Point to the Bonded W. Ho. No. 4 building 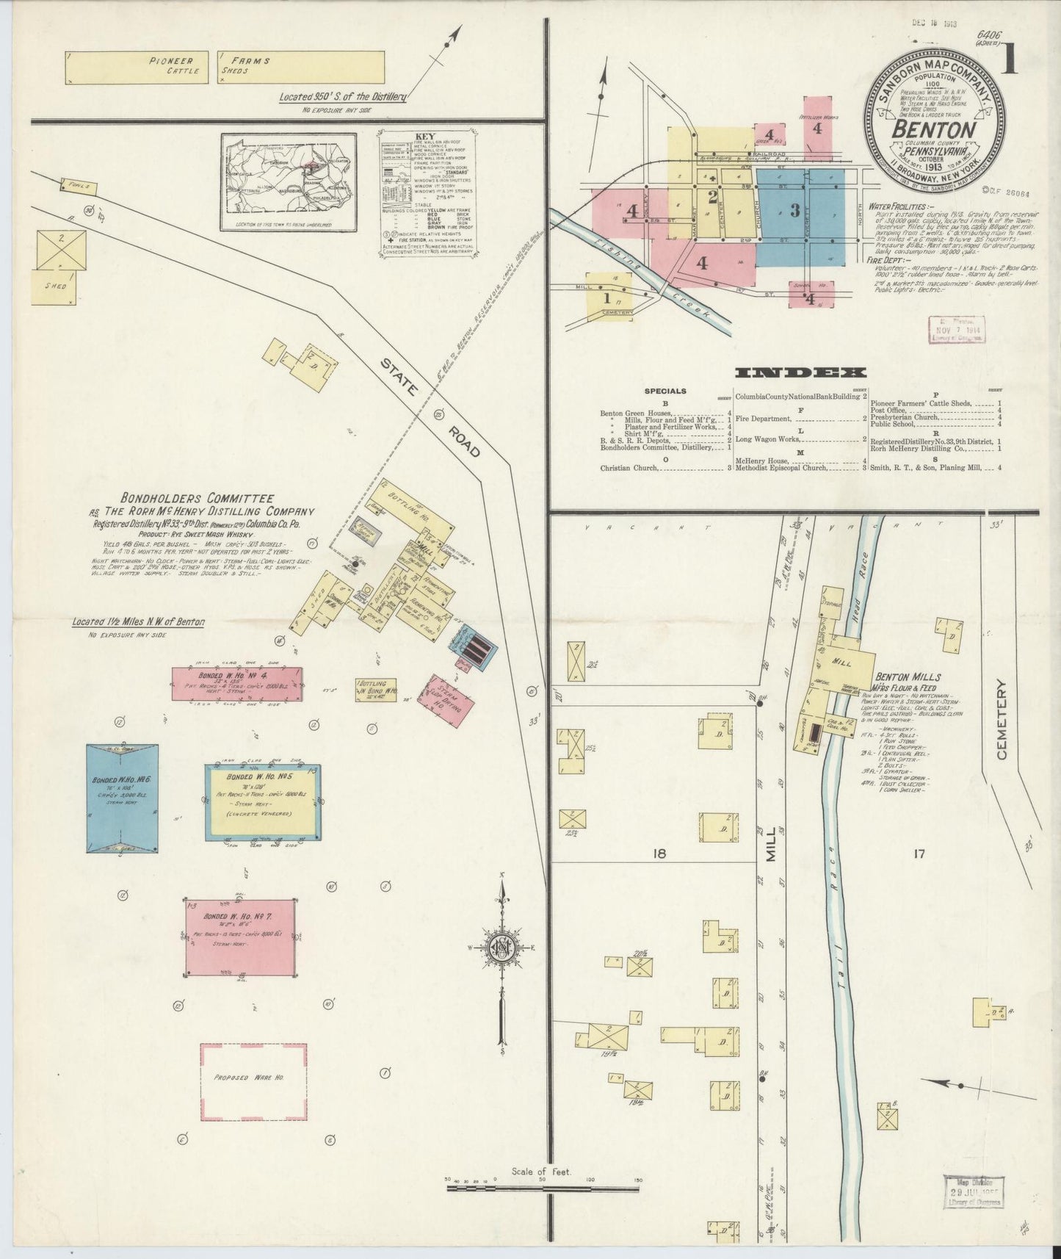click(236, 683)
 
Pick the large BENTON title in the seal click(933, 129)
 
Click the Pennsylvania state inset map click(289, 179)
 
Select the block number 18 click(657, 854)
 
